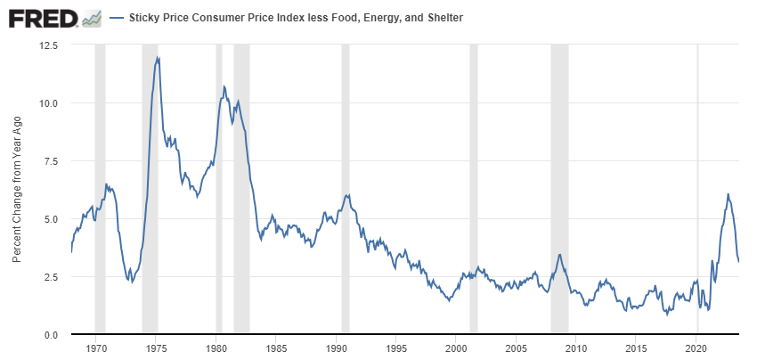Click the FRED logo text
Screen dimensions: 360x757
click(41, 17)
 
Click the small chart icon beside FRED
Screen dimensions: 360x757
click(91, 17)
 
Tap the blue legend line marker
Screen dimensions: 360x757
click(116, 17)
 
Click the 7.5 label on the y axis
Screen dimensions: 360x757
click(51, 160)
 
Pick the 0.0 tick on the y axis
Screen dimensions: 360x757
click(51, 335)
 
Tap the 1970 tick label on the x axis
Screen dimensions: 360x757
click(97, 348)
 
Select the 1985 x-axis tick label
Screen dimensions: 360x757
click(276, 348)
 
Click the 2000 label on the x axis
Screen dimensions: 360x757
click(456, 348)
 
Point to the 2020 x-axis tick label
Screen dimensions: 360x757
click(696, 348)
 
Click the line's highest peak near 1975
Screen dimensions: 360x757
click(158, 58)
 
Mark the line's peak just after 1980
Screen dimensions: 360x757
click(224, 86)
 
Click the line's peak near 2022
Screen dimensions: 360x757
click(728, 194)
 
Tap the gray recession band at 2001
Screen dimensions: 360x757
click(474, 178)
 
